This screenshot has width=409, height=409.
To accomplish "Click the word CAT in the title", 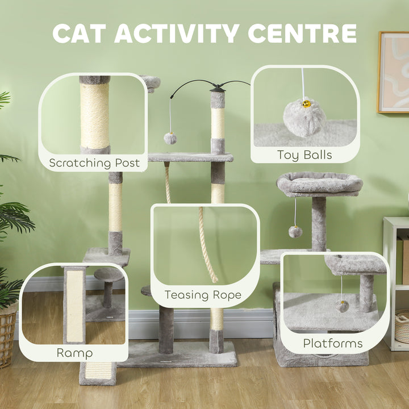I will (80, 34).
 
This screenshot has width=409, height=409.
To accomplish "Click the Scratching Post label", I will (94, 163).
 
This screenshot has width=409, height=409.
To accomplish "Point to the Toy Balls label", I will (304, 155).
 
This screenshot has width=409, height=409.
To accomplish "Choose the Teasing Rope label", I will (203, 295).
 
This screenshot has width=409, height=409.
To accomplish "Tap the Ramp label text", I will (74, 353).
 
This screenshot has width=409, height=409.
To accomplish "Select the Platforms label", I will (332, 343).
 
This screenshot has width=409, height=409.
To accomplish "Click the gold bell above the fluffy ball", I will (306, 104).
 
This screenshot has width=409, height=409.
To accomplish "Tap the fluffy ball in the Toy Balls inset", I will (304, 118).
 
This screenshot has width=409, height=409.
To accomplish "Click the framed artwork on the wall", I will (393, 72).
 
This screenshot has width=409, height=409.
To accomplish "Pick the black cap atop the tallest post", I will (218, 88).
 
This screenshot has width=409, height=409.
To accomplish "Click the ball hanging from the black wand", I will (170, 138).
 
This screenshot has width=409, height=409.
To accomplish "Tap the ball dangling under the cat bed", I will (295, 231).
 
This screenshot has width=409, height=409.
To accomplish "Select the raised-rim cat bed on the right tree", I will (320, 185).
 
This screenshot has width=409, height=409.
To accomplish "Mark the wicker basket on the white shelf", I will (402, 326).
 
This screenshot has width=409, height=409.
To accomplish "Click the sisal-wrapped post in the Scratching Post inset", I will (94, 116).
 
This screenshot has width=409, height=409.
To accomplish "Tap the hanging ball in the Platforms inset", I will (341, 306).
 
